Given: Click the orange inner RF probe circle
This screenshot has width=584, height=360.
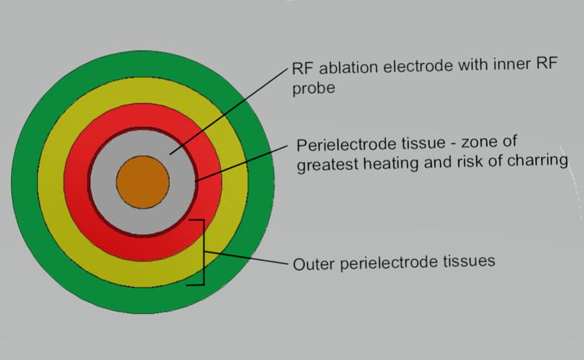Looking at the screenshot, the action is tap(142, 182).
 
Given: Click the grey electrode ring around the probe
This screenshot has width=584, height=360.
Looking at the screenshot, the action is tap(104, 182).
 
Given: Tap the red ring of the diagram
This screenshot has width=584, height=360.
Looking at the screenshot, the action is tap(76, 182).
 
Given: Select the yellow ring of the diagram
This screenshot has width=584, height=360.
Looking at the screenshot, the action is tap(50, 182).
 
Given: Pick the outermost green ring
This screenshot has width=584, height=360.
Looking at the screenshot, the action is tap(24, 182).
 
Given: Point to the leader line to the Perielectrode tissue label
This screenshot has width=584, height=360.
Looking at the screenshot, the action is tap(245, 162).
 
